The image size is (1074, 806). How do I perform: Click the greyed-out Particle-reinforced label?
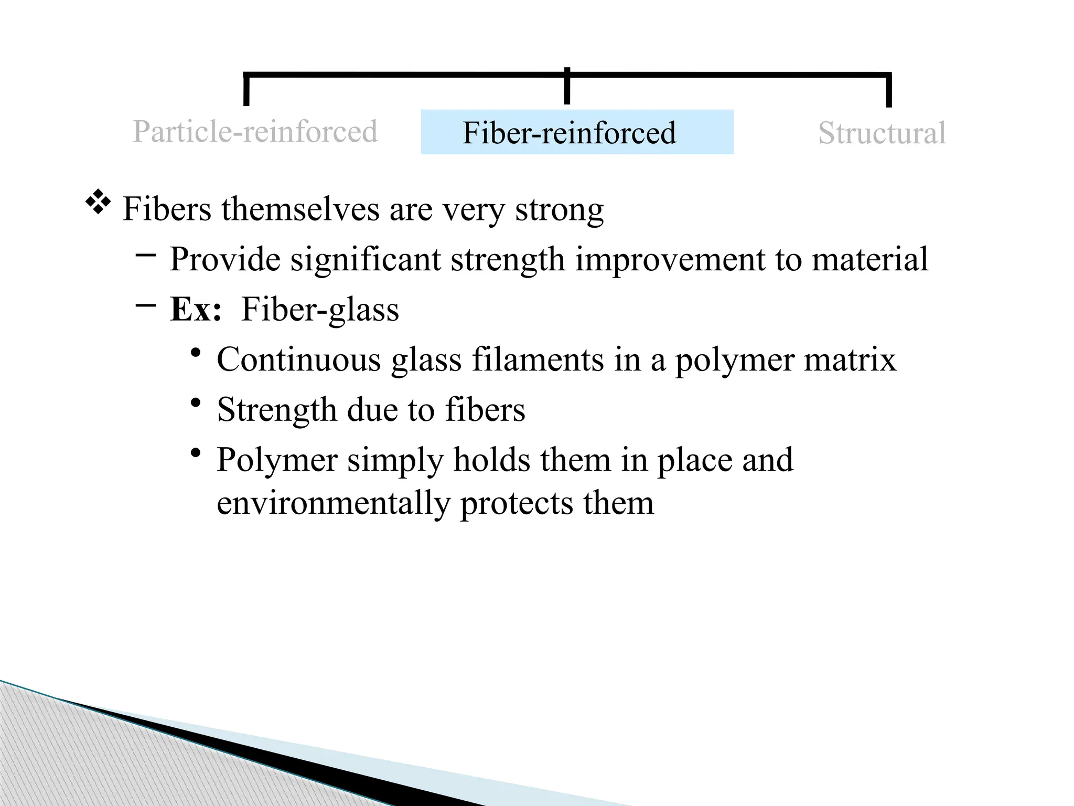click(x=255, y=131)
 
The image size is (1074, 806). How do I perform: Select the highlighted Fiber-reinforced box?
click(x=577, y=132)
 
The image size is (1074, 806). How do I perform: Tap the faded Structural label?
click(x=882, y=133)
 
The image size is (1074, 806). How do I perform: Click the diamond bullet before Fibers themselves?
click(x=98, y=203)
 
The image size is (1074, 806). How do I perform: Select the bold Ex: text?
click(x=196, y=309)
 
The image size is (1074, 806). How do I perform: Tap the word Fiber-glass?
click(x=320, y=310)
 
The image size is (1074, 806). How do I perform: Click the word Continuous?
click(x=298, y=359)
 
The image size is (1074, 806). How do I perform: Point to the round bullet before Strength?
click(x=196, y=404)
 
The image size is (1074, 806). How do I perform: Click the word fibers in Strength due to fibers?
click(x=485, y=410)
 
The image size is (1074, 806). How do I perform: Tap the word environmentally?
click(x=333, y=503)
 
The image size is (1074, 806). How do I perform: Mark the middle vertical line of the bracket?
click(x=567, y=87)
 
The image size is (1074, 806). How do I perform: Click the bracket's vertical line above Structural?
click(x=888, y=90)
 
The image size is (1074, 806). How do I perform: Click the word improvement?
click(x=670, y=259)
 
